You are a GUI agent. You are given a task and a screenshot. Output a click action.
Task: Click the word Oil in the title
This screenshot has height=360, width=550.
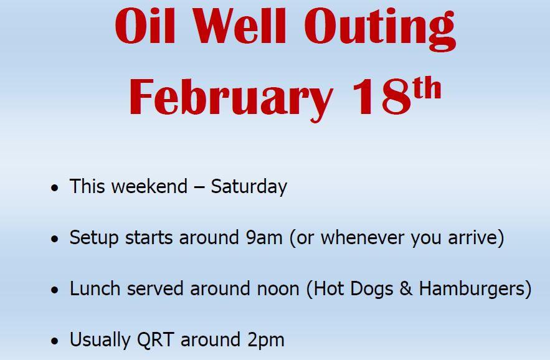145,26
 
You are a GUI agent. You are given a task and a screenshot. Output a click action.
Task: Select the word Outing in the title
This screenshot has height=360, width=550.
380,29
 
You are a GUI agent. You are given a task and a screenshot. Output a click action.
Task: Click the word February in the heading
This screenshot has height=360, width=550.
230,99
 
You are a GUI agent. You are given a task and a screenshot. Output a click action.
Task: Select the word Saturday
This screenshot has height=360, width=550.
249,187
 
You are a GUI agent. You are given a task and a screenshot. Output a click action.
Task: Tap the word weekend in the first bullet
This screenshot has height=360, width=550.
149,186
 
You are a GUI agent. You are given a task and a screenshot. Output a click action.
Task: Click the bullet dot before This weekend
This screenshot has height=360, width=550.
54,187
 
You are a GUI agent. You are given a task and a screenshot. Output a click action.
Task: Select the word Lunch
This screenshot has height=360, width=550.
95,288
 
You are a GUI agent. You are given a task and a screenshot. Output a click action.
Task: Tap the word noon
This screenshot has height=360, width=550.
278,290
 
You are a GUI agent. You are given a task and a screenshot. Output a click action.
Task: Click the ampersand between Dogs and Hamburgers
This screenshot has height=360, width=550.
406,289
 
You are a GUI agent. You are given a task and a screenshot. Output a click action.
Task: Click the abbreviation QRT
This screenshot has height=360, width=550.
155,339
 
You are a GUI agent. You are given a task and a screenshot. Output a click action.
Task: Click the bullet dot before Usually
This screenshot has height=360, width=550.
54,341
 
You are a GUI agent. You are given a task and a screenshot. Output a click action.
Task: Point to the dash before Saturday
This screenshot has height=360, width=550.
199,187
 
